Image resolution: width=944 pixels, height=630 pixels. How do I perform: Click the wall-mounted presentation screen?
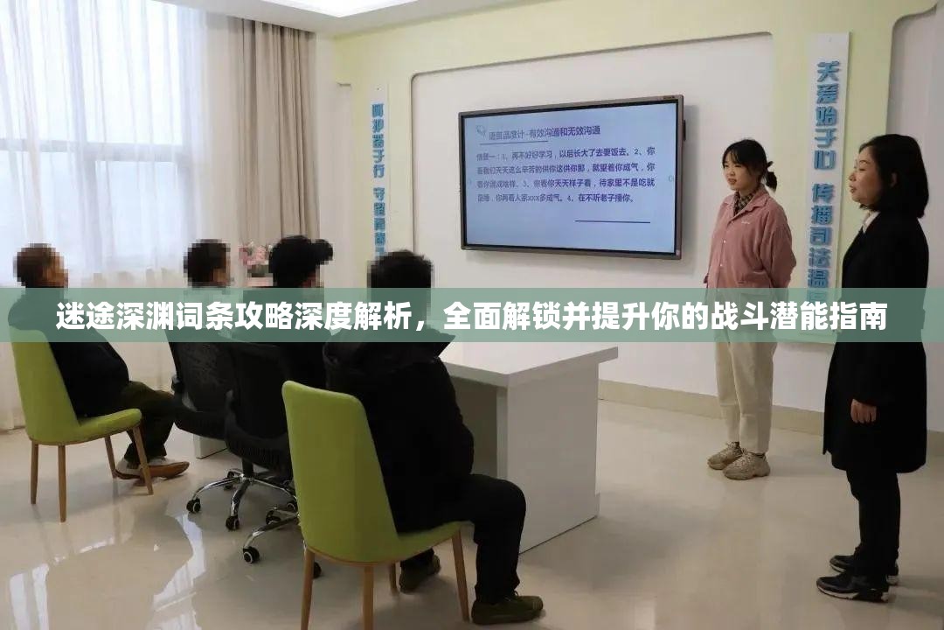[x=571, y=177]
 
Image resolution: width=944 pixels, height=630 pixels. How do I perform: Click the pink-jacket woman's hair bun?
[x=770, y=179]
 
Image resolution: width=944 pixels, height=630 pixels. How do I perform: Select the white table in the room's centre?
[x=533, y=420]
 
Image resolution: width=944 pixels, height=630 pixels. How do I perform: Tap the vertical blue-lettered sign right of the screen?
[x=824, y=157]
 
